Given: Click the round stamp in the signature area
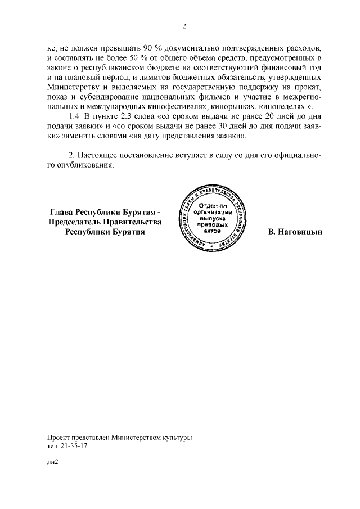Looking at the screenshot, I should tap(207, 215).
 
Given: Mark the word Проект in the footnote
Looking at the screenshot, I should tap(60, 437).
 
